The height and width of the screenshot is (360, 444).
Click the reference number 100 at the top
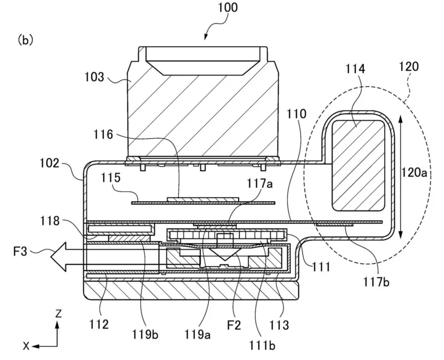coord(228,7)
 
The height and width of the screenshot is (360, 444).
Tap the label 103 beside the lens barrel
coord(94,77)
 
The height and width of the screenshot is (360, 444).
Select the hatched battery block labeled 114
coord(358,166)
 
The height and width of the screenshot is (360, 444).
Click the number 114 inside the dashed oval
coord(355,68)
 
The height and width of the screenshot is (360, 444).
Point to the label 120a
coord(413,172)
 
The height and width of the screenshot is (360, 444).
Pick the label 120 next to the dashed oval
coord(408,66)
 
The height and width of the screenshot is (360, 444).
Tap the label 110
coord(296,114)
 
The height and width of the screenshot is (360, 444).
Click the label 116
coord(103,134)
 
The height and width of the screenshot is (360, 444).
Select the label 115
coord(110,177)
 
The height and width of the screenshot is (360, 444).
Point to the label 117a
coord(260,183)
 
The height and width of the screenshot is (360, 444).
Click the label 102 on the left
coord(49,163)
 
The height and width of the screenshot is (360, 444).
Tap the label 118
coord(50,221)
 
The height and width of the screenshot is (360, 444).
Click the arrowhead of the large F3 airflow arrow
coord(59,257)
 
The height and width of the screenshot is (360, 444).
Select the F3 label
coord(20,251)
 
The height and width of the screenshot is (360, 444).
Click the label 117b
coord(376,282)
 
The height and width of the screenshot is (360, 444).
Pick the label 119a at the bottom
coord(198,334)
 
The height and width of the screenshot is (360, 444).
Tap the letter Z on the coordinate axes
coord(58,314)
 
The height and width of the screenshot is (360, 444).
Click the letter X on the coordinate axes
coord(26,346)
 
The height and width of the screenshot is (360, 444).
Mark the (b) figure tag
coord(26,40)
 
